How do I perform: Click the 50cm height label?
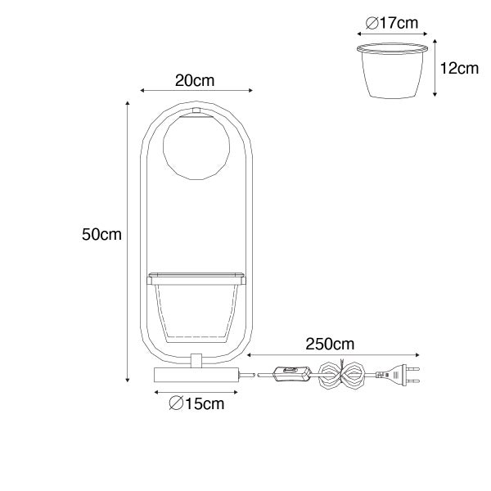(101, 234)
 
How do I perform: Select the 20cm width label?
(195, 80)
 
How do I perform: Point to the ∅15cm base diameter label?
(196, 403)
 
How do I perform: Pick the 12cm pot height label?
(459, 68)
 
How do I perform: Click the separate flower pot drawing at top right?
(394, 72)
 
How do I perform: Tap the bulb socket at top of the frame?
(195, 111)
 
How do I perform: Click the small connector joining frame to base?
(196, 361)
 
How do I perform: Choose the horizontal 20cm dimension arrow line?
(196, 92)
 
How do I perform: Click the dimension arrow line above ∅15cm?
(196, 392)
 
